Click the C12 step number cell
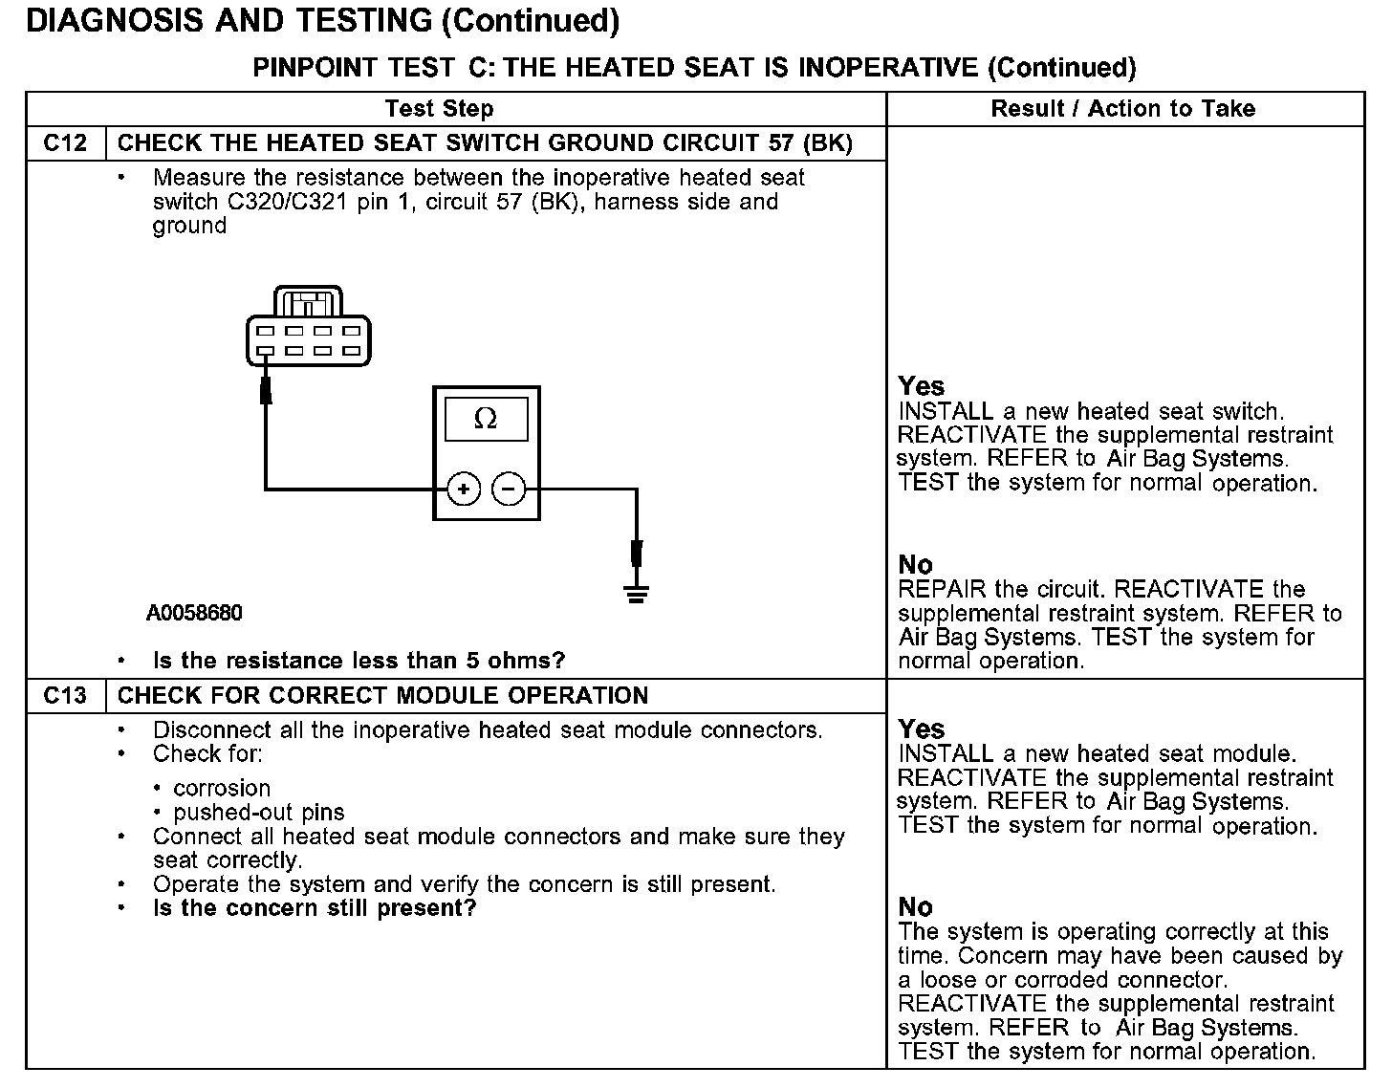tap(65, 143)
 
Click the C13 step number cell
tap(65, 696)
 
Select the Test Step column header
tap(439, 109)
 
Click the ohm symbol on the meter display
tap(486, 419)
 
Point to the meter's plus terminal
tap(464, 490)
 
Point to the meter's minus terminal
tap(509, 490)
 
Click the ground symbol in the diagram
tap(637, 593)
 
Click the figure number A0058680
tap(194, 613)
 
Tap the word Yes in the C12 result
tap(922, 386)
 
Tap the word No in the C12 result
tap(916, 564)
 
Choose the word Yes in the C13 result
tap(922, 729)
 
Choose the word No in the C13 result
tap(916, 906)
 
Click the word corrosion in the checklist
tap(222, 789)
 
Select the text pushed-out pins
tap(259, 813)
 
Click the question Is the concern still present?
tap(315, 908)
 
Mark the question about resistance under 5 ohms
tap(359, 661)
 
